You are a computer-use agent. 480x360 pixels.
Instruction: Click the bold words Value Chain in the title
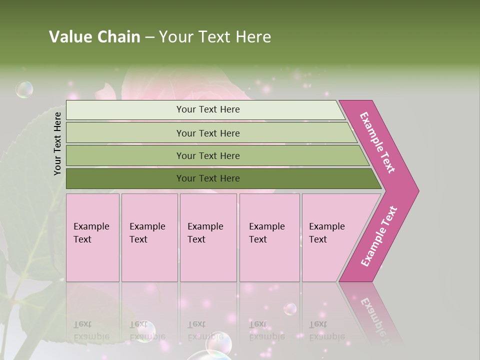coord(94,37)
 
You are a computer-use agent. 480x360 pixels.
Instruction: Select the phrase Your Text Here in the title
coord(215,37)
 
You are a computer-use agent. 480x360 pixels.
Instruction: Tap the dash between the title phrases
coord(149,37)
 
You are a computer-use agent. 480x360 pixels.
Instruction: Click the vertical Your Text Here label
coord(57,143)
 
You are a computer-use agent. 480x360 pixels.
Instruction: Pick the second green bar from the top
coord(207,133)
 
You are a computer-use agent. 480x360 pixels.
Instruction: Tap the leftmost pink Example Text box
coord(92,237)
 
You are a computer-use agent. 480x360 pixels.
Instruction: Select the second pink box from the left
coord(149,237)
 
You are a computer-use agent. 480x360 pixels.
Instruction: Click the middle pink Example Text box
coord(208,237)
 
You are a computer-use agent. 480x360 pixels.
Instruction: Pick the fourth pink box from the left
coord(269,237)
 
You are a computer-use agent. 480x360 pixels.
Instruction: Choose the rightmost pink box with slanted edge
coord(332,237)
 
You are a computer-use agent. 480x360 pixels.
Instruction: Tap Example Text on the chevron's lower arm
coord(379,236)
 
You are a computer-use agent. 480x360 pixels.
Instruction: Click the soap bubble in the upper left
coord(24,89)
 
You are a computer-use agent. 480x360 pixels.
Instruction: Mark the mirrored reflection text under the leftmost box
coord(91,330)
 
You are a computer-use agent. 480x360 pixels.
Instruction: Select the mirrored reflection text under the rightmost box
coord(327,330)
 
